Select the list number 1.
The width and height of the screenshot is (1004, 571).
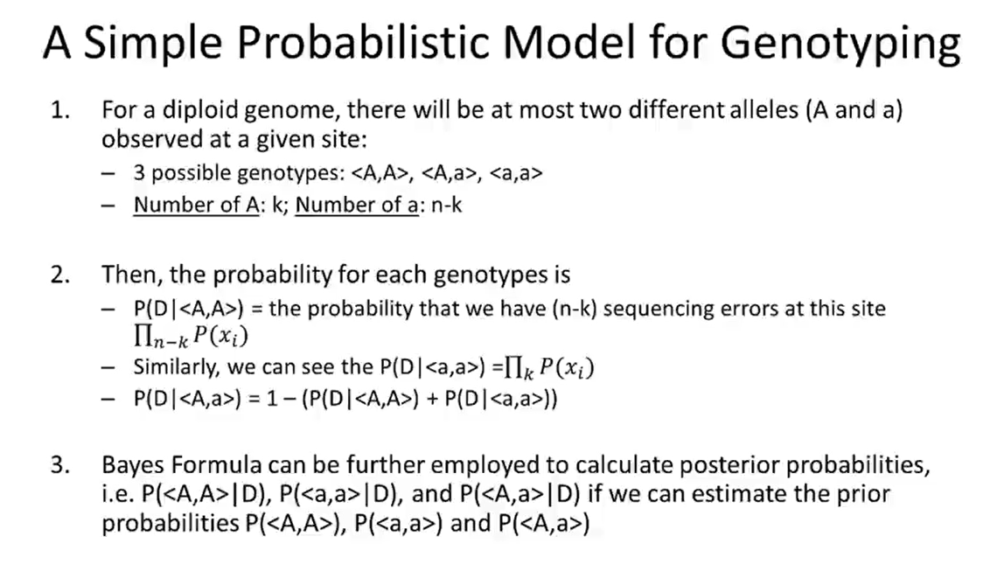pyautogui.click(x=59, y=112)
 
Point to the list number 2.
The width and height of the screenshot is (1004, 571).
pyautogui.click(x=59, y=274)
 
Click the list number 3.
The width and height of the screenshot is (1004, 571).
pyautogui.click(x=59, y=465)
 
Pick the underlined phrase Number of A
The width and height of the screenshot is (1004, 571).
pyautogui.click(x=197, y=206)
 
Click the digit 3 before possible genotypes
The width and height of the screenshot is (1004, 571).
pyautogui.click(x=138, y=173)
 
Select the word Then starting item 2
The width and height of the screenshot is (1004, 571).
pyautogui.click(x=129, y=274)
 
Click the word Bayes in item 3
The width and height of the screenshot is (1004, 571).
pyautogui.click(x=131, y=465)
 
